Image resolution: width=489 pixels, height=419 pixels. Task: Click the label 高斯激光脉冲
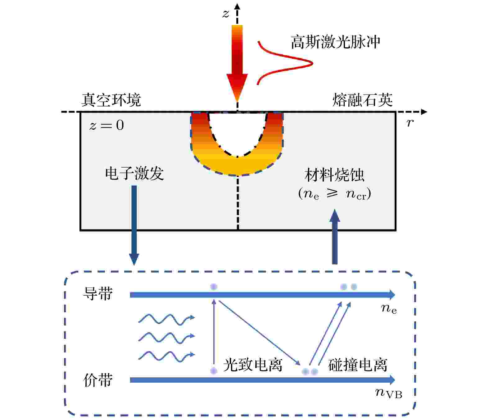coord(335,42)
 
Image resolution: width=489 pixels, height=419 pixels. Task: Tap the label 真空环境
coord(111,100)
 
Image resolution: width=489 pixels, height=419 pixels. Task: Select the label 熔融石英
coord(362,100)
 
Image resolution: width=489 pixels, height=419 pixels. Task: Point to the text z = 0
coord(106,125)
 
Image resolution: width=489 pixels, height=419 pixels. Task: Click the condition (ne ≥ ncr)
coord(334,194)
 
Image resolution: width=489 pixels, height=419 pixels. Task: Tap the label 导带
coord(98,294)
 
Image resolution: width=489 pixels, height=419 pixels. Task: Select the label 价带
coord(98,380)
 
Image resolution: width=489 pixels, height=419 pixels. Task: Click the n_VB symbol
coord(389,394)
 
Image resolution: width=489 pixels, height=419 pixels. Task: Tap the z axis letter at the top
coord(226,14)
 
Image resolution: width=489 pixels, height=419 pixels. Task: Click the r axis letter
coord(410,122)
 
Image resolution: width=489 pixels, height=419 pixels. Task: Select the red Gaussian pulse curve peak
coord(312,63)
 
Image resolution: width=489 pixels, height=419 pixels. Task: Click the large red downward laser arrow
coord(237,64)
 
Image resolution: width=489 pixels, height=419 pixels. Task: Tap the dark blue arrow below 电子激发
coord(134,225)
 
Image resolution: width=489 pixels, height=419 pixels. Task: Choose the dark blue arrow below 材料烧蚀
coord(334,236)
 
